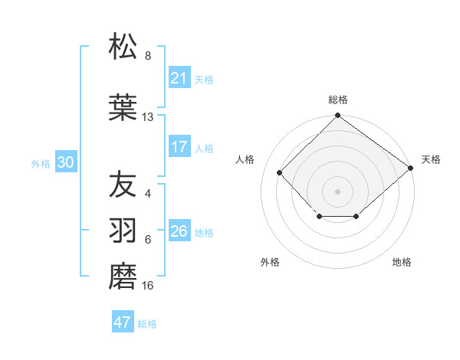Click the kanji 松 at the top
click(x=123, y=47)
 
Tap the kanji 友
click(x=123, y=184)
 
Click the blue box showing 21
click(x=179, y=77)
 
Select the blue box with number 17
click(x=179, y=147)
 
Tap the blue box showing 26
click(x=179, y=231)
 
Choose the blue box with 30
click(x=65, y=162)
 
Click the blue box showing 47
click(x=123, y=322)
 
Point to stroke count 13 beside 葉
click(x=148, y=117)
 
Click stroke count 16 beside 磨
click(x=148, y=286)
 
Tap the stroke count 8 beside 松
click(x=148, y=56)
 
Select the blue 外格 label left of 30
click(x=41, y=163)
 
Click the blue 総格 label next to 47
click(x=147, y=324)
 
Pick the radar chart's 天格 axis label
click(x=431, y=159)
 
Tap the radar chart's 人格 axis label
click(x=245, y=159)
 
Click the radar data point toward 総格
click(x=337, y=116)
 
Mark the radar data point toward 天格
click(x=411, y=167)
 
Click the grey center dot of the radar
click(x=337, y=191)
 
